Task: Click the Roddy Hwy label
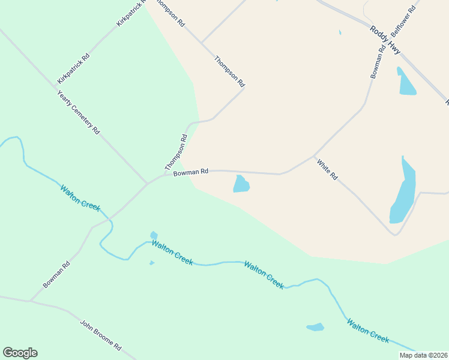coord(385,41)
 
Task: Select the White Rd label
coord(327,170)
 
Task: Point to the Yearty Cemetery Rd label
coord(78,112)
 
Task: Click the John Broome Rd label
coord(101,335)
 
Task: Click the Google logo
coord(20,353)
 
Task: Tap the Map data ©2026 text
coord(423,355)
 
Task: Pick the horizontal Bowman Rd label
coord(190,172)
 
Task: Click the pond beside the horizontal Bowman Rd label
coord(241,184)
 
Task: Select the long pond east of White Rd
coord(404,191)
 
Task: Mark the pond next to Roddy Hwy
coord(406,82)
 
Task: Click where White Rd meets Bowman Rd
coord(315,156)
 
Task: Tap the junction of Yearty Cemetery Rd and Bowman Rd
coord(148,183)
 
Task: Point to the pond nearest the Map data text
coord(315,327)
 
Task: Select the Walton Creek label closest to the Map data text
coord(368,330)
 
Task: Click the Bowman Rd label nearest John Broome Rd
coord(56,274)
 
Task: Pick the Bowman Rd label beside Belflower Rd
coord(377,62)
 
